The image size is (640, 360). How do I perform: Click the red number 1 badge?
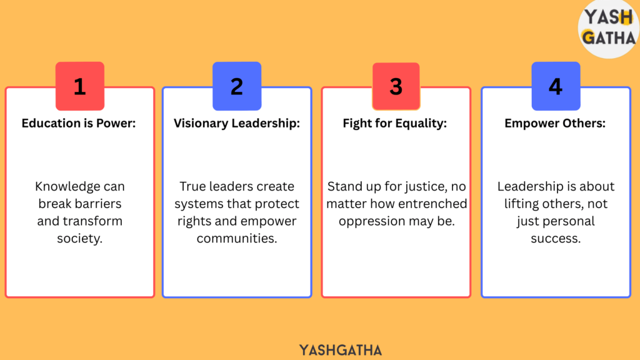tap(80, 86)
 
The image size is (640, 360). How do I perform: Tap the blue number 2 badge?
tap(237, 86)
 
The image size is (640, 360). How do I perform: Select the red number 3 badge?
tap(396, 86)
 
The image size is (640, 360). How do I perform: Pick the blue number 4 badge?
tap(556, 86)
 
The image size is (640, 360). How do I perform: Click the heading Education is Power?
tap(79, 123)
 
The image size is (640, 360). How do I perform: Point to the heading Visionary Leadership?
tap(237, 123)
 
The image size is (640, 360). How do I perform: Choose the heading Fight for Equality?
tap(395, 123)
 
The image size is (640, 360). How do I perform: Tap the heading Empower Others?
tap(555, 123)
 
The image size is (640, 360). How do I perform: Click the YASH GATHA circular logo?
tap(609, 29)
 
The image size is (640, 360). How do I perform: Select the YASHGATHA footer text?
tap(341, 350)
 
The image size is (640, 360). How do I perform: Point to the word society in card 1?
tap(79, 238)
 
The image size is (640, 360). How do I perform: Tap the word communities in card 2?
tap(237, 238)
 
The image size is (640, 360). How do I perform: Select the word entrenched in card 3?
tap(432, 204)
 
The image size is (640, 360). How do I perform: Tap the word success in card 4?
tap(556, 239)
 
